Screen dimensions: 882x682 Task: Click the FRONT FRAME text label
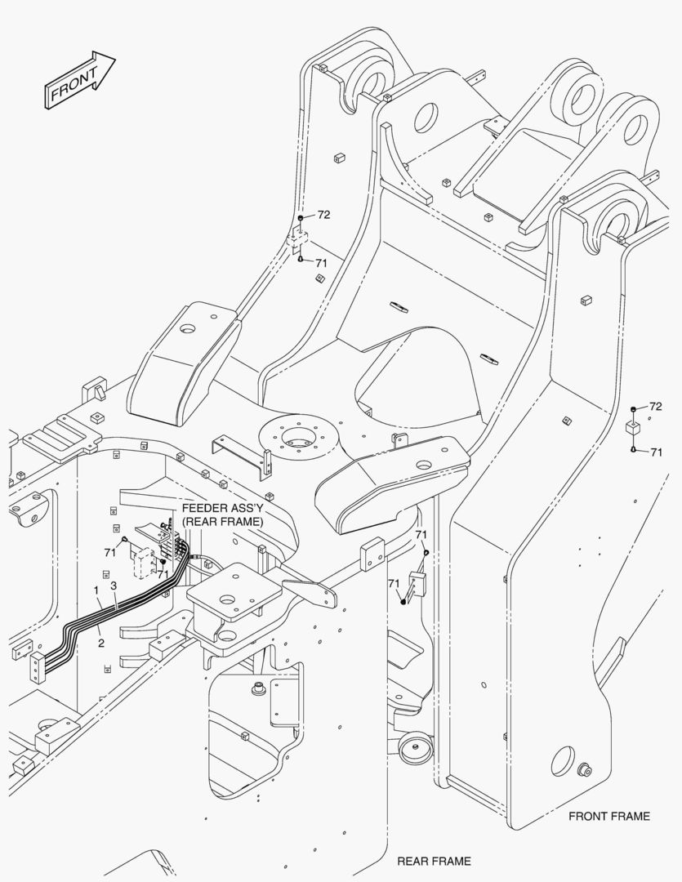pos(609,816)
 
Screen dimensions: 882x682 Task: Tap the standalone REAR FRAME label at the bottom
pos(434,861)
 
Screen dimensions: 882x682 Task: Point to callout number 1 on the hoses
pos(96,590)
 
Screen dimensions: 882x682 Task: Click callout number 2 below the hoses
pos(101,643)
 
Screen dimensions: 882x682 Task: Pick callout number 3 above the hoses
pos(114,586)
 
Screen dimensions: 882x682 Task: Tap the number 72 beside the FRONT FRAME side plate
pos(655,407)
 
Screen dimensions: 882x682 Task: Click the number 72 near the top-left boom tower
pos(323,215)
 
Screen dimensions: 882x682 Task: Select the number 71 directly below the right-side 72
pos(655,452)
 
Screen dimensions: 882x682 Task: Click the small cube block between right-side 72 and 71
pos(633,429)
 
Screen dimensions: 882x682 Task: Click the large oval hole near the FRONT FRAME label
pos(562,761)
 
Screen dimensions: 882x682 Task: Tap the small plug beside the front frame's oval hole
pos(585,769)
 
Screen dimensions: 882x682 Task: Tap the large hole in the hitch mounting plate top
pos(228,634)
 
